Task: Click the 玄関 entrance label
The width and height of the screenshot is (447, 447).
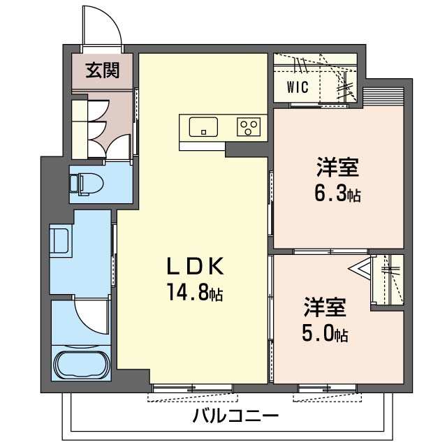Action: click(x=101, y=70)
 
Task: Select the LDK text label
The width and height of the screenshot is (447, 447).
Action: click(x=195, y=266)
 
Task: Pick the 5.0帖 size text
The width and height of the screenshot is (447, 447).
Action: click(x=325, y=334)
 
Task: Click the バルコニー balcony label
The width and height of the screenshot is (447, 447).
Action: click(x=236, y=417)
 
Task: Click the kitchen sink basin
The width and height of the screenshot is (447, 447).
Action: click(x=203, y=128)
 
